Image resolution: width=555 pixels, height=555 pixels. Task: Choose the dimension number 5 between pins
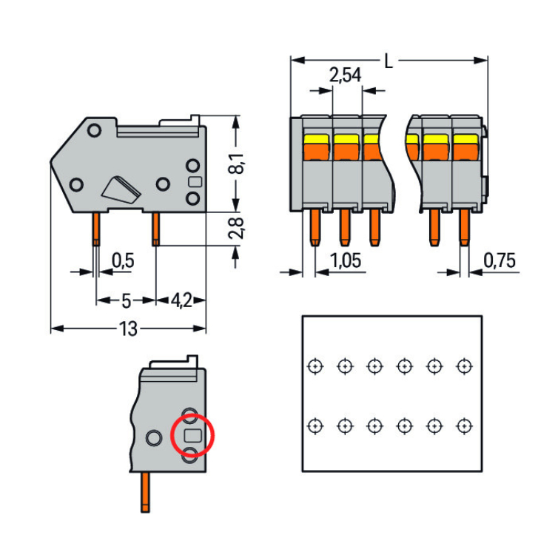(126, 300)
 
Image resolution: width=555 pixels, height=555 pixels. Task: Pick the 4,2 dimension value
(182, 300)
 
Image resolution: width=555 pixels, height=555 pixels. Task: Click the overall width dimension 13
(128, 329)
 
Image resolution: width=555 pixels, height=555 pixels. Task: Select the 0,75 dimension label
(500, 260)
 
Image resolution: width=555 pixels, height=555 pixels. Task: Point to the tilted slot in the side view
(122, 190)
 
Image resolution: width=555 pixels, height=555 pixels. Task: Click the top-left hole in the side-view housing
(94, 131)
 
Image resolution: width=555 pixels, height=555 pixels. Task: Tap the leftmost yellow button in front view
(315, 139)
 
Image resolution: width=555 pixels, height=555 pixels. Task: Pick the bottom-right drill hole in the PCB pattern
(464, 426)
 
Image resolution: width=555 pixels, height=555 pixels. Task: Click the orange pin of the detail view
(146, 493)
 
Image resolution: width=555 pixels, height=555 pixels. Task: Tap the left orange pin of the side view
(96, 229)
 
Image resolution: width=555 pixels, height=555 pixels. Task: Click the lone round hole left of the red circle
(153, 437)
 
